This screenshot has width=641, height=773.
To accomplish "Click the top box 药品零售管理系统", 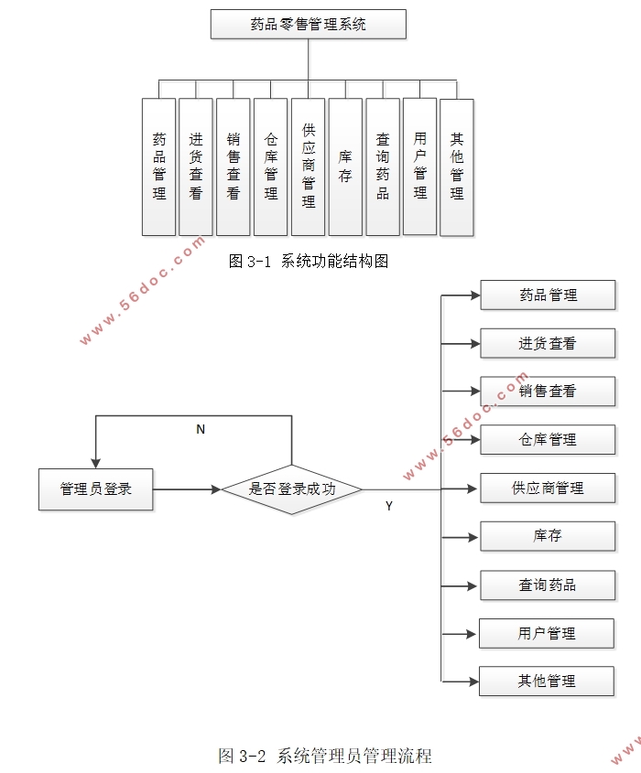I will tap(308, 24).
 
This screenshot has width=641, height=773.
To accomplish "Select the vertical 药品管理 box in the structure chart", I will tap(159, 166).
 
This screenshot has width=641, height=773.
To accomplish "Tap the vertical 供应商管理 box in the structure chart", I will tap(309, 166).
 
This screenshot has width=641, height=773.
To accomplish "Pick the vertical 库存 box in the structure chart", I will tap(345, 166).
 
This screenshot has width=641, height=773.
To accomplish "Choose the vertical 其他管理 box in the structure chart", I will tap(457, 166).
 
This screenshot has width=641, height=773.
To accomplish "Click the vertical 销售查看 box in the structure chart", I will tap(234, 166).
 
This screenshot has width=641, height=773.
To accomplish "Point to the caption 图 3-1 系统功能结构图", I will tap(309, 262).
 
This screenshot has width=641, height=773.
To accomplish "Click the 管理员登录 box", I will tap(95, 488).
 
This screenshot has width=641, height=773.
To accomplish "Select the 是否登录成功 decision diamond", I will tap(292, 489).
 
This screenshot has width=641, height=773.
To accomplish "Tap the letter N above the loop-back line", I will tap(201, 429).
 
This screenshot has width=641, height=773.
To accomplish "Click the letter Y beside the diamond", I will tap(388, 506).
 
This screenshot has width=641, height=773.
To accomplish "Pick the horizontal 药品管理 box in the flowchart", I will tap(548, 295).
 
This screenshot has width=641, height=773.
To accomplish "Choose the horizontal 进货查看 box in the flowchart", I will tap(548, 344).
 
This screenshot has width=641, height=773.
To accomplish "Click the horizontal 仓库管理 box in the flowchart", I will tap(548, 440).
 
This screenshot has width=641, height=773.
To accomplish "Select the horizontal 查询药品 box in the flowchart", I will tap(548, 585).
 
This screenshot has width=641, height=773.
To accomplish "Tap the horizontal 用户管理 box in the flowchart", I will tap(547, 633).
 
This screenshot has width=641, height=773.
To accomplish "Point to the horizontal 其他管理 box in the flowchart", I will tap(547, 682).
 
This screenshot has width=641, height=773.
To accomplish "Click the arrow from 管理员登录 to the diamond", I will tap(188, 489).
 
